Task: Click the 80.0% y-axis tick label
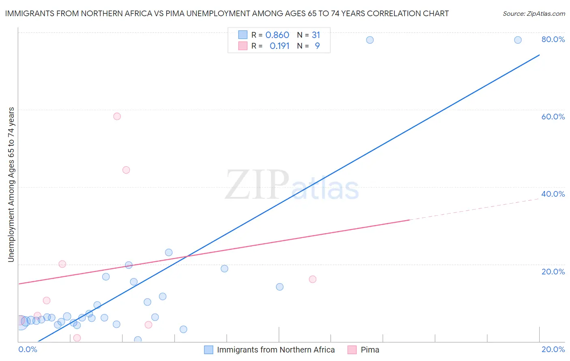tap(553, 39)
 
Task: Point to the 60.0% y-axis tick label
tap(553, 117)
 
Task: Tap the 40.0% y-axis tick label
tap(553, 194)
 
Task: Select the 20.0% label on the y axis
tap(553, 272)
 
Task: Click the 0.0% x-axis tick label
tap(28, 349)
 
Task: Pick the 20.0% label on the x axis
tap(553, 349)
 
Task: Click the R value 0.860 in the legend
tap(277, 35)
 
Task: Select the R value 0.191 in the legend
tap(279, 46)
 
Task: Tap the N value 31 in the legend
tap(316, 35)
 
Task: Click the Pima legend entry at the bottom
tap(370, 350)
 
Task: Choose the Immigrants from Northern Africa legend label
tap(276, 350)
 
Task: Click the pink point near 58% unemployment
tap(117, 117)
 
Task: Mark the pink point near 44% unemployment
tap(126, 170)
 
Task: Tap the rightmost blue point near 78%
tap(518, 40)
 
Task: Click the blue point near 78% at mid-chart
tap(370, 40)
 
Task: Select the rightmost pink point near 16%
tap(313, 279)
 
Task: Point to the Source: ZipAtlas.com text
tap(534, 14)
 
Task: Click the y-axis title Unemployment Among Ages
tap(11, 184)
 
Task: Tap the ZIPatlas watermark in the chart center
tap(292, 185)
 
